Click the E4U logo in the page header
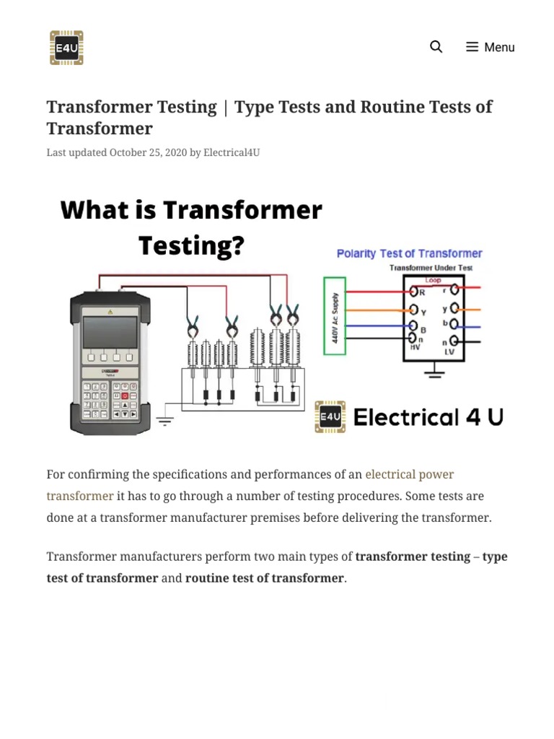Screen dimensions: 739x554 (x=66, y=48)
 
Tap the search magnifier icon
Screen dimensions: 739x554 (x=436, y=47)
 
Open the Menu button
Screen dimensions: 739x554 (x=491, y=47)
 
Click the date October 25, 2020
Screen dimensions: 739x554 (x=148, y=152)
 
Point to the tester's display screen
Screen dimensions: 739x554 (x=110, y=332)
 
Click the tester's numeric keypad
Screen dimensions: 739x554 (x=110, y=401)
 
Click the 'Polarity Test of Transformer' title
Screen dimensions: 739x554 (x=409, y=253)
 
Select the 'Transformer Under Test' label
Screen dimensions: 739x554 (x=431, y=268)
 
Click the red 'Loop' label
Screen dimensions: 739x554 (x=433, y=280)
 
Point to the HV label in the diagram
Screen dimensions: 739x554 (x=415, y=347)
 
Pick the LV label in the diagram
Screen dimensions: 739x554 (x=450, y=351)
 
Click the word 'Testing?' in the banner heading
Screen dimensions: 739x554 (x=191, y=245)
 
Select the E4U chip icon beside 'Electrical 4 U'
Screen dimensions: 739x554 (x=330, y=417)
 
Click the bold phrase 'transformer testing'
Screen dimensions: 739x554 (x=413, y=556)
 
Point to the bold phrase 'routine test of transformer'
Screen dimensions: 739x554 (x=264, y=578)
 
